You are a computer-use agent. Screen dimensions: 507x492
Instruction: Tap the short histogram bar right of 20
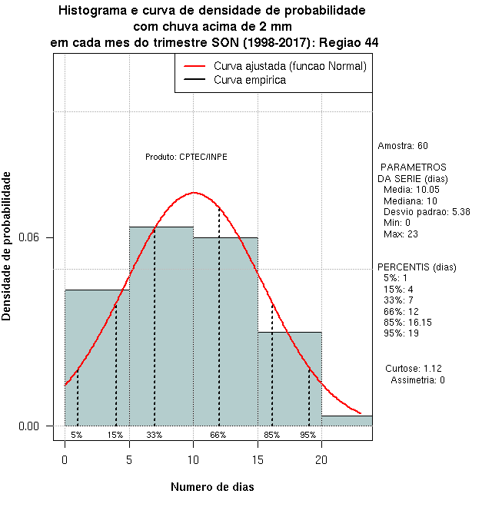347,420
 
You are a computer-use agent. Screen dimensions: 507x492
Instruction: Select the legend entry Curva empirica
249,80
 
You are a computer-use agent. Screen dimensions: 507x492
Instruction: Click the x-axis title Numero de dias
211,486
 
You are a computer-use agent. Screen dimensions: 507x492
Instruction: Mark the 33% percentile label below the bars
155,435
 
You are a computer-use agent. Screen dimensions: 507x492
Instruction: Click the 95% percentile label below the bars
308,435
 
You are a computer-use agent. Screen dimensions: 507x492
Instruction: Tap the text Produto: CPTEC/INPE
186,157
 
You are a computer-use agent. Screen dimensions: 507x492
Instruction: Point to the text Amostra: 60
403,146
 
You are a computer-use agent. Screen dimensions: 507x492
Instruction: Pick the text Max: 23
399,234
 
